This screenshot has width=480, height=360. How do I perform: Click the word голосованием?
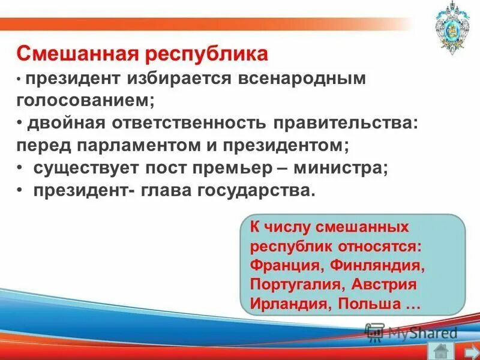(x=86, y=100)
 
